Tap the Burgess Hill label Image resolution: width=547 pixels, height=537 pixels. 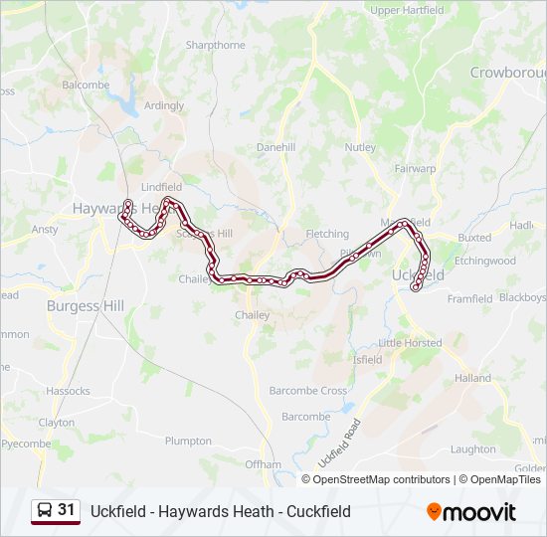pos(87,306)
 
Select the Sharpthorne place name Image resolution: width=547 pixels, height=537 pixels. pos(215,45)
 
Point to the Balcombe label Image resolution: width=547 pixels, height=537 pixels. pos(86,86)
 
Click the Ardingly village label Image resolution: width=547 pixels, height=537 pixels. pos(164,105)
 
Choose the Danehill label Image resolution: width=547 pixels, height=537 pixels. pos(275,146)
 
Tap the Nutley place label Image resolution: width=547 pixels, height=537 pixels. pos(360,147)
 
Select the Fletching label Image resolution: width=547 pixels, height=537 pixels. pos(327,234)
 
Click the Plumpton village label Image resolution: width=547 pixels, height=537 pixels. pos(188,441)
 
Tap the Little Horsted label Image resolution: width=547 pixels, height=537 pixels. pos(410,343)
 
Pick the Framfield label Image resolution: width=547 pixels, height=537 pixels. pos(469,298)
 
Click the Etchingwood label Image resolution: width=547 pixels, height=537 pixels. pos(485,261)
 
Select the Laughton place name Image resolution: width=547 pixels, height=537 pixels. pos(472,449)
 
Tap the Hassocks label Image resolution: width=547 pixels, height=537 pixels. pos(68,391)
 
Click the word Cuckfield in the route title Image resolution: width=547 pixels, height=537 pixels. pos(316,512)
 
